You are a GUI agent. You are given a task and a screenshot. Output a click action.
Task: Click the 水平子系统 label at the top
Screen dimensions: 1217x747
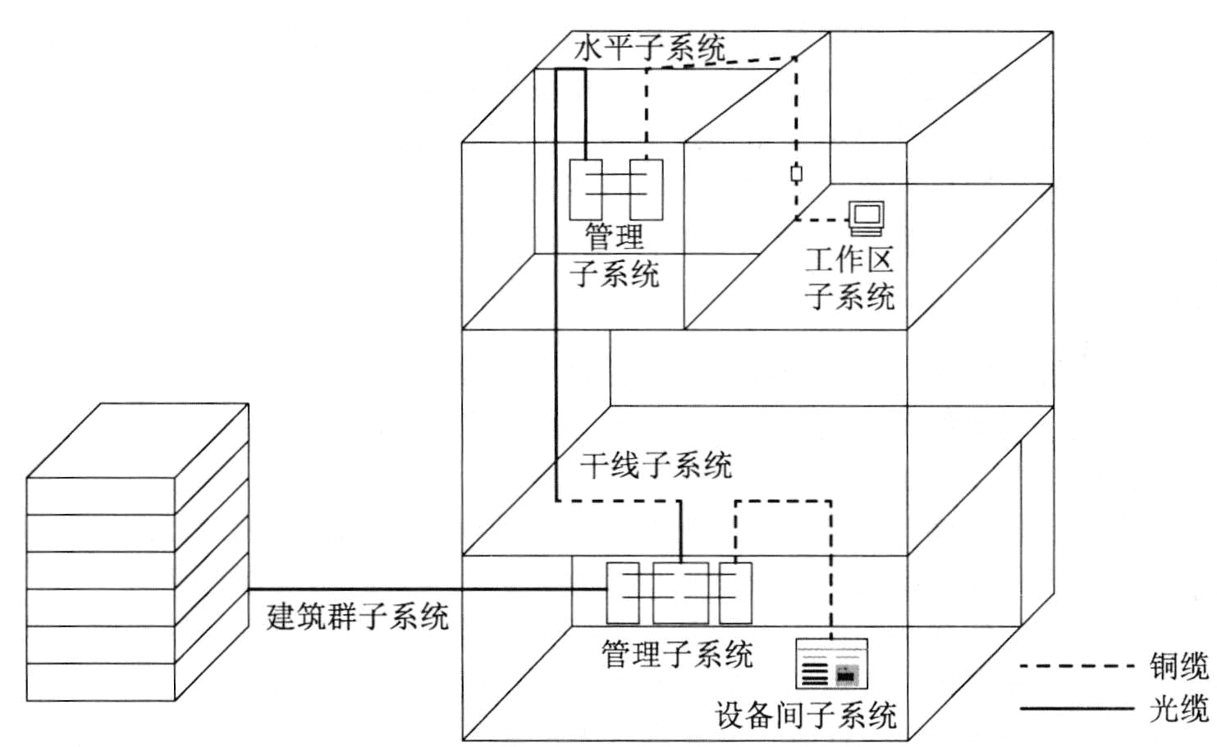click(x=649, y=49)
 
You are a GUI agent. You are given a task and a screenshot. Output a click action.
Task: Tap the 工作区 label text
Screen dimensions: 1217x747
click(x=849, y=261)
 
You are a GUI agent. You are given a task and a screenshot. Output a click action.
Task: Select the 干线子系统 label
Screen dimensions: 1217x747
click(x=656, y=465)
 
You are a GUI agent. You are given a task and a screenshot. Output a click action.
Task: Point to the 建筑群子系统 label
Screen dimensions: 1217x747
click(x=358, y=616)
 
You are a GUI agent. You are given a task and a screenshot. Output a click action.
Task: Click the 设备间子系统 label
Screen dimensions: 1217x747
click(x=806, y=716)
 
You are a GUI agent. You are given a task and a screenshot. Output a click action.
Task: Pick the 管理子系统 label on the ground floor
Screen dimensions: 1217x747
click(x=677, y=653)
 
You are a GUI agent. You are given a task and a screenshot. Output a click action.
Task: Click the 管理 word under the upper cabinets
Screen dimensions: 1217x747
click(x=615, y=237)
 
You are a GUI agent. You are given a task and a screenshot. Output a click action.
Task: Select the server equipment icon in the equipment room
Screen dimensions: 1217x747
click(x=832, y=663)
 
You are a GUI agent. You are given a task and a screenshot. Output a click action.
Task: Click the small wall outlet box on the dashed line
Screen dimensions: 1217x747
click(x=797, y=174)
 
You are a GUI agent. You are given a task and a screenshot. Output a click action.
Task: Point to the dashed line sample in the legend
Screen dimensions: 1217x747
click(x=1077, y=666)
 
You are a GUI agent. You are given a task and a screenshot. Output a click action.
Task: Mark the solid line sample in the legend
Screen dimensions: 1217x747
click(x=1077, y=708)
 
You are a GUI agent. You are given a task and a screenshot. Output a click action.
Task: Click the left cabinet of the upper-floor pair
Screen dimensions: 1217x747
click(x=586, y=190)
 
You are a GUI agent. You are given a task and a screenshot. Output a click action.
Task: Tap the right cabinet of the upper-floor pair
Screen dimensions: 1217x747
click(x=647, y=190)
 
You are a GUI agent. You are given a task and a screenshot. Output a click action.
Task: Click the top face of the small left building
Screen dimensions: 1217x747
click(x=137, y=441)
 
